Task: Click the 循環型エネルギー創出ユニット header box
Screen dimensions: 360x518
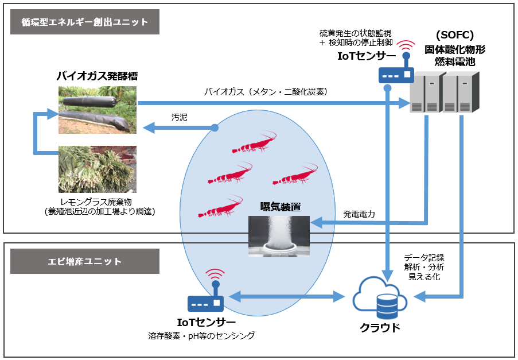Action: pyautogui.click(x=85, y=22)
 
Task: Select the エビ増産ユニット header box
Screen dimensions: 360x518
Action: pyautogui.click(x=85, y=261)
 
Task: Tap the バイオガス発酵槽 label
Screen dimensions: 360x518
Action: pyautogui.click(x=97, y=76)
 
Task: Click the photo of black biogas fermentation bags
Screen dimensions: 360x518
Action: pyautogui.click(x=98, y=110)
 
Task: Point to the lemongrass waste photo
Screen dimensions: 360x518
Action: pyautogui.click(x=98, y=169)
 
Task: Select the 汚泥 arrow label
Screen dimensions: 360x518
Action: pyautogui.click(x=180, y=117)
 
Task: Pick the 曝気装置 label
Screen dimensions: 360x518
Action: pyautogui.click(x=281, y=207)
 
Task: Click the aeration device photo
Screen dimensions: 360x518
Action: pyautogui.click(x=279, y=235)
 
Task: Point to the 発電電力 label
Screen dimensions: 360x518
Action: pyautogui.click(x=359, y=214)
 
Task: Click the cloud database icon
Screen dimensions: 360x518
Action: pyautogui.click(x=380, y=299)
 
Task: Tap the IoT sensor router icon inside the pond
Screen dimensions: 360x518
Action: pyautogui.click(x=205, y=299)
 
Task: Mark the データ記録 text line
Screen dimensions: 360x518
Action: pyautogui.click(x=424, y=257)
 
